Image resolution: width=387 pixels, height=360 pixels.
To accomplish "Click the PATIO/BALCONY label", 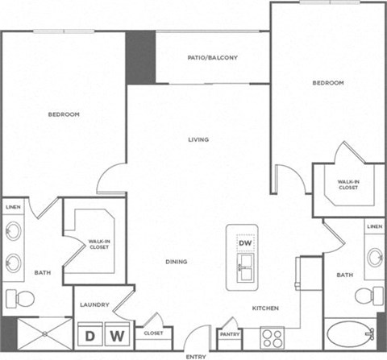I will (213, 57).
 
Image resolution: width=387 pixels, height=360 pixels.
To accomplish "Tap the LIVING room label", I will (198, 139).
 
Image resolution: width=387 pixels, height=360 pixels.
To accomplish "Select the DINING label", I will (177, 262).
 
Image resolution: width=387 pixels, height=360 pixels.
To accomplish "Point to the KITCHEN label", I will (265, 308).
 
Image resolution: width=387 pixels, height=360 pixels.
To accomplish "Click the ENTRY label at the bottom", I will (195, 355).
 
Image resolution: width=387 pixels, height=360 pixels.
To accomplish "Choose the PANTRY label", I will (230, 333).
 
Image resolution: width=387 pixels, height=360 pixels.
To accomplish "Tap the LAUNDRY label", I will (94, 304).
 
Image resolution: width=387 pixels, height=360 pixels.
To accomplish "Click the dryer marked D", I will (90, 333).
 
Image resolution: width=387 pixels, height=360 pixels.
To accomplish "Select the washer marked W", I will (117, 333).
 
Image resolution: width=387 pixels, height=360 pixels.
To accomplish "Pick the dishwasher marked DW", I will (245, 242).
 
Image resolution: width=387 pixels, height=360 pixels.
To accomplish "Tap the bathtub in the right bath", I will (350, 333).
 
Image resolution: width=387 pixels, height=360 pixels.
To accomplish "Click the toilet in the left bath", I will (20, 299).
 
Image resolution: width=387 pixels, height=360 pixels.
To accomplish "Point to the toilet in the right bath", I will (369, 295).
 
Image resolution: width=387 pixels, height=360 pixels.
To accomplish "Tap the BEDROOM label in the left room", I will (64, 114).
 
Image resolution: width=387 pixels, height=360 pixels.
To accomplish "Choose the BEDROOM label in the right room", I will (328, 83).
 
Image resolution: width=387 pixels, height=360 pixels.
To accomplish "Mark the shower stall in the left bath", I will (37, 333).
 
